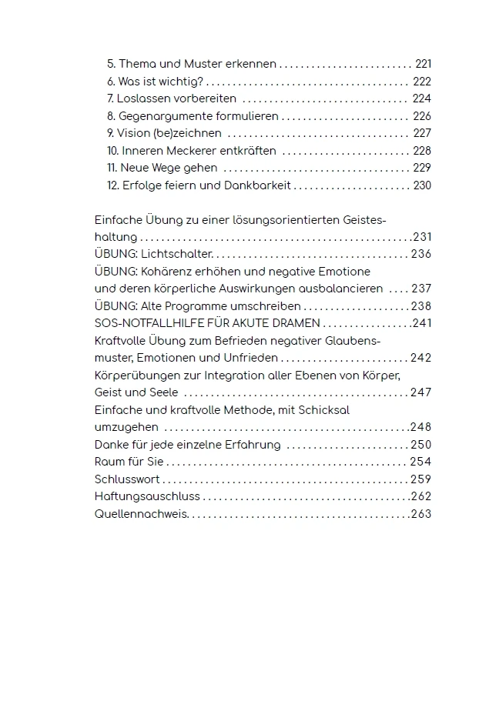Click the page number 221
[423, 65]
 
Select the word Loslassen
[142, 99]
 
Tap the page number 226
[422, 116]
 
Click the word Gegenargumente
[159, 116]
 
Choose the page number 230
[422, 185]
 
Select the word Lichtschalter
[176, 255]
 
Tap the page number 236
[421, 255]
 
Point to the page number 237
[421, 289]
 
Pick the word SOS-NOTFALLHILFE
[146, 323]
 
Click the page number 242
[421, 358]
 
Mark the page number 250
[421, 445]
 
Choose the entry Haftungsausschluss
[146, 496]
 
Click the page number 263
[421, 514]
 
